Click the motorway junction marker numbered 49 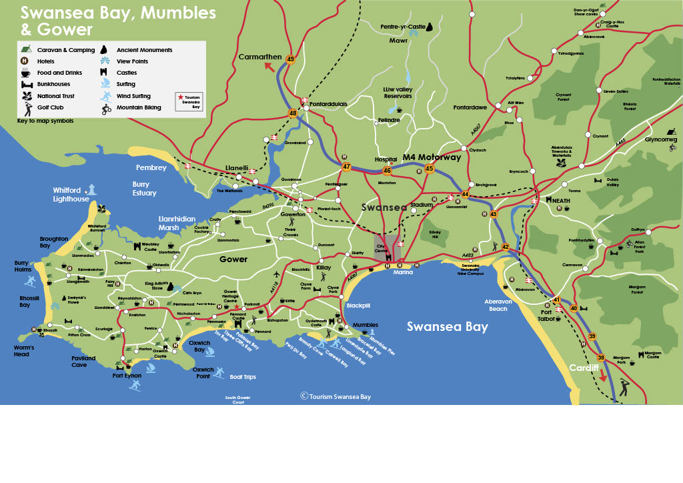click(289, 59)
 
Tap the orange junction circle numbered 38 click(601, 358)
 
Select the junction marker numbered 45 click(429, 169)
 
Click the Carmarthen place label click(260, 57)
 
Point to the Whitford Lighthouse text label click(71, 194)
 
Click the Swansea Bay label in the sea click(447, 327)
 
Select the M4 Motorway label click(432, 158)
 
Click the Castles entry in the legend click(127, 73)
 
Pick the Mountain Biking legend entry click(138, 107)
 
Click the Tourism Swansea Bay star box click(189, 101)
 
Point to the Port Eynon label click(127, 376)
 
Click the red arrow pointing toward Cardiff click(603, 375)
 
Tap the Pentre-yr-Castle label click(402, 27)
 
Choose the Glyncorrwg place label click(660, 139)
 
